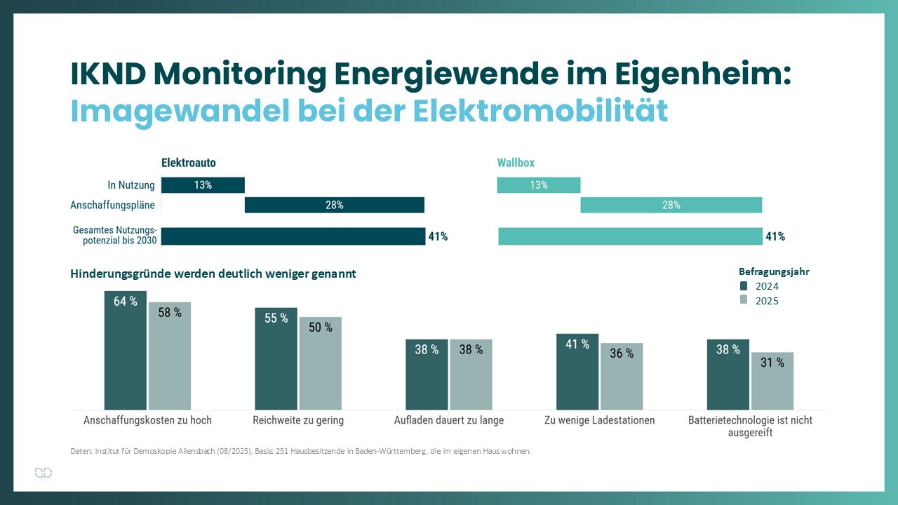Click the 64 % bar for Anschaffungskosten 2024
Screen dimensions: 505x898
[126, 350]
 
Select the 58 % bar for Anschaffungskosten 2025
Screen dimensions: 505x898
[170, 356]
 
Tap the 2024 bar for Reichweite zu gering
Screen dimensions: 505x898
[276, 358]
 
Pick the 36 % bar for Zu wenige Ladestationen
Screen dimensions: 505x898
[622, 376]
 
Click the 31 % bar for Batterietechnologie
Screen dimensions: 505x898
[772, 381]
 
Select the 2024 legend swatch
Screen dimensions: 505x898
[744, 286]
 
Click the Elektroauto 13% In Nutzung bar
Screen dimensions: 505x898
[203, 185]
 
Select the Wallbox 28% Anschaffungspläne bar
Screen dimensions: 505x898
[671, 205]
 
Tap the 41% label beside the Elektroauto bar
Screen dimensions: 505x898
[438, 237]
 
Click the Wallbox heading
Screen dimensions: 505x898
[516, 163]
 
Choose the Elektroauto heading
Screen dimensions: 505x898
[189, 163]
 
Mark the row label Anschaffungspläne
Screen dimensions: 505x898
[112, 206]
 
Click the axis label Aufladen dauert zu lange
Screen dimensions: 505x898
[449, 420]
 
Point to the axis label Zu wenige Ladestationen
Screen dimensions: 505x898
[600, 420]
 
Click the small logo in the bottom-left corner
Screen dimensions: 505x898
[43, 473]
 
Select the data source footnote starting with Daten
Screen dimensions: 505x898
[300, 451]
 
